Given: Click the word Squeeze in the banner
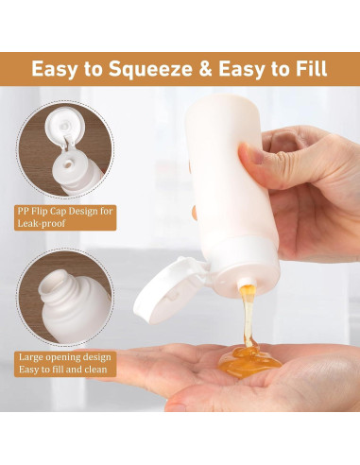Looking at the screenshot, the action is click(x=150, y=69).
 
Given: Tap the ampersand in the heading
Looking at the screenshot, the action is click(x=205, y=69).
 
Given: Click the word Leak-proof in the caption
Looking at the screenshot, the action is click(x=42, y=223).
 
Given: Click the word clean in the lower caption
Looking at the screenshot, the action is click(x=95, y=369).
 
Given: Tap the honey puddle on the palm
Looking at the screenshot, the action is click(x=249, y=361).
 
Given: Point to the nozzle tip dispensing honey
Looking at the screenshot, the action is click(x=245, y=282).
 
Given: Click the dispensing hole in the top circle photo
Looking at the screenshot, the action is click(x=67, y=164).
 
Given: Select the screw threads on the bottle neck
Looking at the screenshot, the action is click(x=61, y=291).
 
